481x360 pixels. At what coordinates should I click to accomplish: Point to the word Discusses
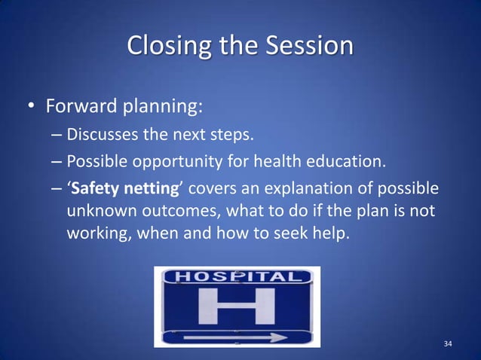click(x=102, y=136)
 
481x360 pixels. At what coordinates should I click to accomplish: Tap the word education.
click(x=348, y=161)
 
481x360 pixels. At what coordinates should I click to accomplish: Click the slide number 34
click(x=448, y=344)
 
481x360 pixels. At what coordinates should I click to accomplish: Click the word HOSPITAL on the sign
click(x=237, y=278)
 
